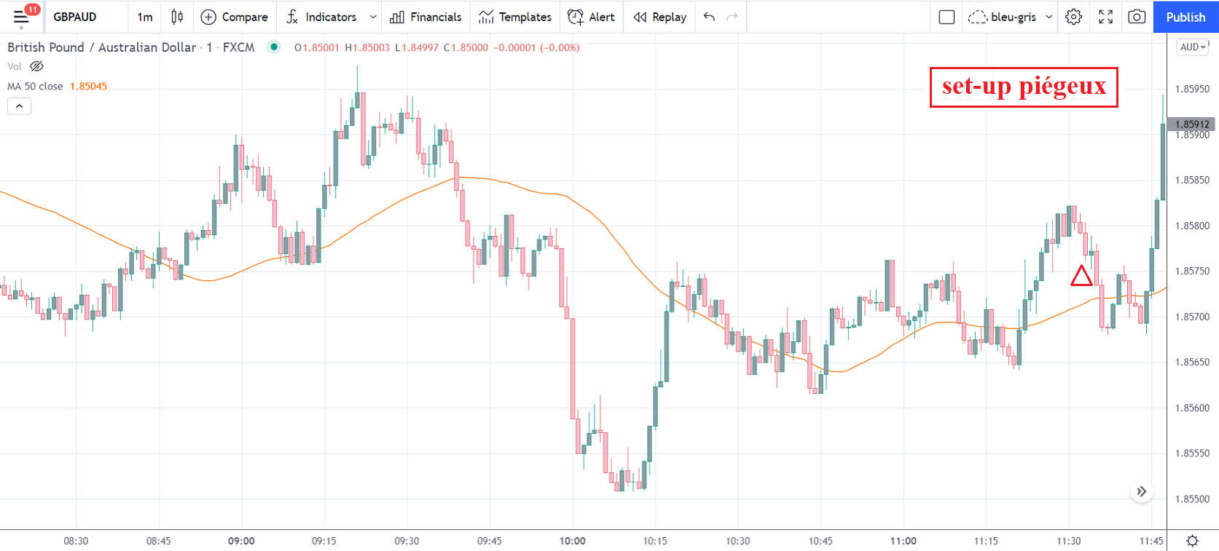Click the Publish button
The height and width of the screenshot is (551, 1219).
1185,17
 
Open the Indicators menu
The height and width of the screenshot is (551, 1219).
322,17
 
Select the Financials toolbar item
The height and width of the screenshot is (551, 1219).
426,17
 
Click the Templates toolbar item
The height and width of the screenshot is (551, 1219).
515,17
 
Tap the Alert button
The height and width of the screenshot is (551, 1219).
591,17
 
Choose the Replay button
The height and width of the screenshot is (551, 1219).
660,17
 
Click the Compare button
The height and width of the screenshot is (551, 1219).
235,17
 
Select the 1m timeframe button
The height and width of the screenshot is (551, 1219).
145,17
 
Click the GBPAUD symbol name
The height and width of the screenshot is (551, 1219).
75,17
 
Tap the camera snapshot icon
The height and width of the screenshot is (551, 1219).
1137,17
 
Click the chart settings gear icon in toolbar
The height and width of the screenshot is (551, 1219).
1073,17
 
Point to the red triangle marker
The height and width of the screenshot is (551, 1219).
1081,277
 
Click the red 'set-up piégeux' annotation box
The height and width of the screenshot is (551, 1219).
1024,87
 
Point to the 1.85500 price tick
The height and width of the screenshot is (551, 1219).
1192,499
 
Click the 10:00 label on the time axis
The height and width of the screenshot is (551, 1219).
573,541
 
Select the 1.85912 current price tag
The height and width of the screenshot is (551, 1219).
1192,124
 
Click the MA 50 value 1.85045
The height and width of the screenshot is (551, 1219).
88,86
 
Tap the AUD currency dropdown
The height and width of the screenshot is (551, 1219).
1193,47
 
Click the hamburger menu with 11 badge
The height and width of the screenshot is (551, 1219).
22,17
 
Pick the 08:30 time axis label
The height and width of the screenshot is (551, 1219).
76,541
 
